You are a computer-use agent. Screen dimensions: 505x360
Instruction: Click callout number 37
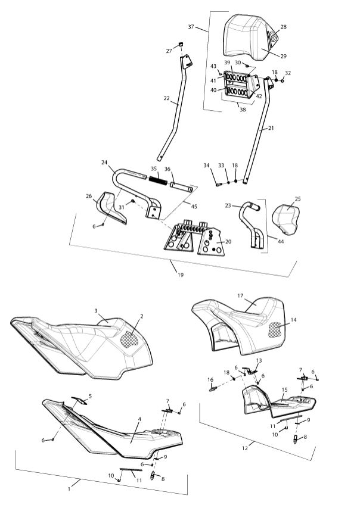coord(191,27)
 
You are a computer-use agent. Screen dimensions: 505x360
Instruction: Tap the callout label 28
coord(283,27)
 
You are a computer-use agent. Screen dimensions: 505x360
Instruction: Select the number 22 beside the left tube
coord(167,99)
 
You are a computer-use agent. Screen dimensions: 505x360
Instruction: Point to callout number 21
coord(271,127)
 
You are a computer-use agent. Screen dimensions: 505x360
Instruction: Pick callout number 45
coord(193,206)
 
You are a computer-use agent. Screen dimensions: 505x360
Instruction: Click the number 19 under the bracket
coord(181,275)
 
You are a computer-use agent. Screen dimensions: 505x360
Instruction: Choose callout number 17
coord(241,295)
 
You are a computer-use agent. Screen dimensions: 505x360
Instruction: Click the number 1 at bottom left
coord(70,488)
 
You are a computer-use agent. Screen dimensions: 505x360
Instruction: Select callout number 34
coord(207,166)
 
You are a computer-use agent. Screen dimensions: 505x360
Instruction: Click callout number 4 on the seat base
coord(139,419)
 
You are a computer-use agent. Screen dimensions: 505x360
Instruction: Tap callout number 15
coord(285,389)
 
